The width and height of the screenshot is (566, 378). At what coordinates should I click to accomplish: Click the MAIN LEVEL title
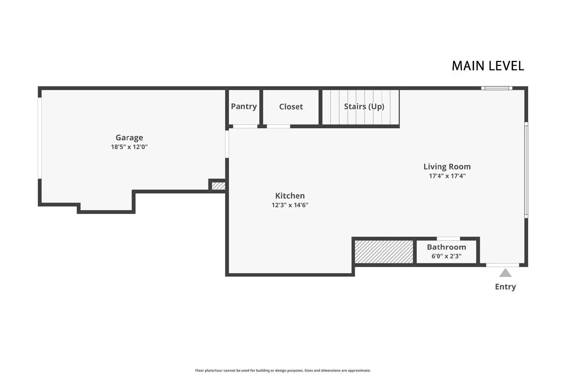(x=487, y=66)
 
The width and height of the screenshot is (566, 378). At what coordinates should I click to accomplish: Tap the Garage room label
(x=129, y=137)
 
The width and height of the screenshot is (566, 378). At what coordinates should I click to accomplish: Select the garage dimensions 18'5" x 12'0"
(x=129, y=147)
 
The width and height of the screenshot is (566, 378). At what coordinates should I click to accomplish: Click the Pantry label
(x=244, y=106)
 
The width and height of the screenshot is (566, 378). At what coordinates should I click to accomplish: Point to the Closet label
(x=291, y=107)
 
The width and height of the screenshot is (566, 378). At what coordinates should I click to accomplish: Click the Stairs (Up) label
(x=364, y=106)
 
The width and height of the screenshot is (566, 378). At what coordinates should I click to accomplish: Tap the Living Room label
(x=447, y=167)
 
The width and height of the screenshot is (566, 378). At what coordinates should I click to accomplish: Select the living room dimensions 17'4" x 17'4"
(x=447, y=176)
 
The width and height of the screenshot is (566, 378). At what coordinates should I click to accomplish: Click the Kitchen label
(x=290, y=196)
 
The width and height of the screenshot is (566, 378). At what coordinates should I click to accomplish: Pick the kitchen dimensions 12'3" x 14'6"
(x=290, y=205)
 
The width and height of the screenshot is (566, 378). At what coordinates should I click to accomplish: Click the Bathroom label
(x=446, y=247)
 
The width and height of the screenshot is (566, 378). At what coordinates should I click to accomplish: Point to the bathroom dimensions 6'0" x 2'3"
(x=446, y=256)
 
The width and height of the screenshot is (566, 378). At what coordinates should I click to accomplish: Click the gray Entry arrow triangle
(x=505, y=273)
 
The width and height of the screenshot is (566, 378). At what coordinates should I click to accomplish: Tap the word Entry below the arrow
(x=505, y=287)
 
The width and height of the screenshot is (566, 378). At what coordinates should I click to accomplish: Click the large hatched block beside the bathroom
(x=384, y=252)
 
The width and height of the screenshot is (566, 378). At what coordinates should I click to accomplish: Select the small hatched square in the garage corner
(x=218, y=186)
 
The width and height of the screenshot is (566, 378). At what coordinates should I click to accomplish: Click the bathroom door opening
(x=448, y=238)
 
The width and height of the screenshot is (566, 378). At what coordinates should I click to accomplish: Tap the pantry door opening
(x=245, y=126)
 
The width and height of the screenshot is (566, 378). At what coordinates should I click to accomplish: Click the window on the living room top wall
(x=497, y=88)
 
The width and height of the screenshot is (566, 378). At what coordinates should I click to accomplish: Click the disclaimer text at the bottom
(x=283, y=371)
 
